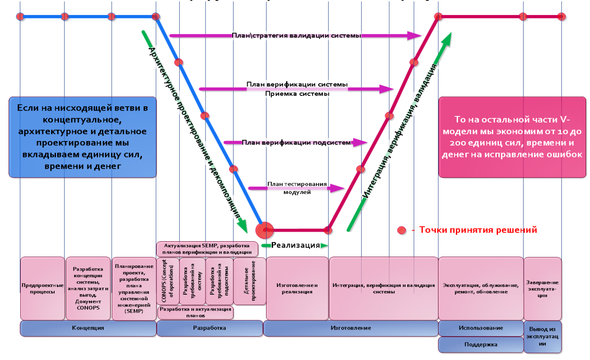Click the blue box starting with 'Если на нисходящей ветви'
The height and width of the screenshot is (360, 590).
(x=82, y=137)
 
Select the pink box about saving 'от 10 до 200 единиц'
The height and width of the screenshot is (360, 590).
(x=512, y=137)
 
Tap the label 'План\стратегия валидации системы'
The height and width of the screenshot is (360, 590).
(x=296, y=36)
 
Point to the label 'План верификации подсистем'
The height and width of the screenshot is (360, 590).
(x=296, y=142)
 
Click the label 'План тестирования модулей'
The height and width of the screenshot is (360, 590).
(x=297, y=188)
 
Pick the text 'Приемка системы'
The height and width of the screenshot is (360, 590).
(x=297, y=93)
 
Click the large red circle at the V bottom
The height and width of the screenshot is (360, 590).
(x=265, y=230)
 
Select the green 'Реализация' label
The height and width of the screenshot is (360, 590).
(x=296, y=245)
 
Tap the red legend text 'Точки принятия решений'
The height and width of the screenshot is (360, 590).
(x=478, y=230)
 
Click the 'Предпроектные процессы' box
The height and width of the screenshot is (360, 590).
(x=42, y=288)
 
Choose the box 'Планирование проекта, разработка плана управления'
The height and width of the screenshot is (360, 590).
(x=134, y=288)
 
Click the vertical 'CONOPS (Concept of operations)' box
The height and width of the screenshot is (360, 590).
(x=168, y=281)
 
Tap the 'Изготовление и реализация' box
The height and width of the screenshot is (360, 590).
(x=297, y=288)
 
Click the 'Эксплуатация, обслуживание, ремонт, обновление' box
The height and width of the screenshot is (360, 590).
(x=480, y=288)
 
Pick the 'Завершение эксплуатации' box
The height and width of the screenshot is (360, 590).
(x=542, y=288)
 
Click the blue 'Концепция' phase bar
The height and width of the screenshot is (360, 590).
(x=88, y=328)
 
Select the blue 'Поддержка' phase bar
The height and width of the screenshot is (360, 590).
(x=480, y=345)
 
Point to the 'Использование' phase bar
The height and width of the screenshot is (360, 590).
(x=480, y=328)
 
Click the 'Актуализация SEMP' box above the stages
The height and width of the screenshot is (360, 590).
(x=207, y=249)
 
